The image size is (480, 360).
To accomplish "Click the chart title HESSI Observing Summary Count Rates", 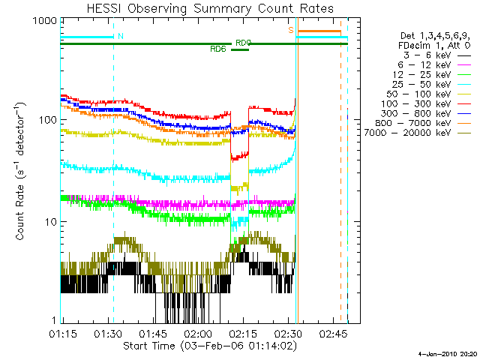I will [203, 9].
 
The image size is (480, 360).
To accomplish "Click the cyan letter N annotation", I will [121, 35].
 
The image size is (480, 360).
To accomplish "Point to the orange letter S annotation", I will [290, 30].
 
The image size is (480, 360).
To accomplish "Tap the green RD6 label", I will [218, 49].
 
